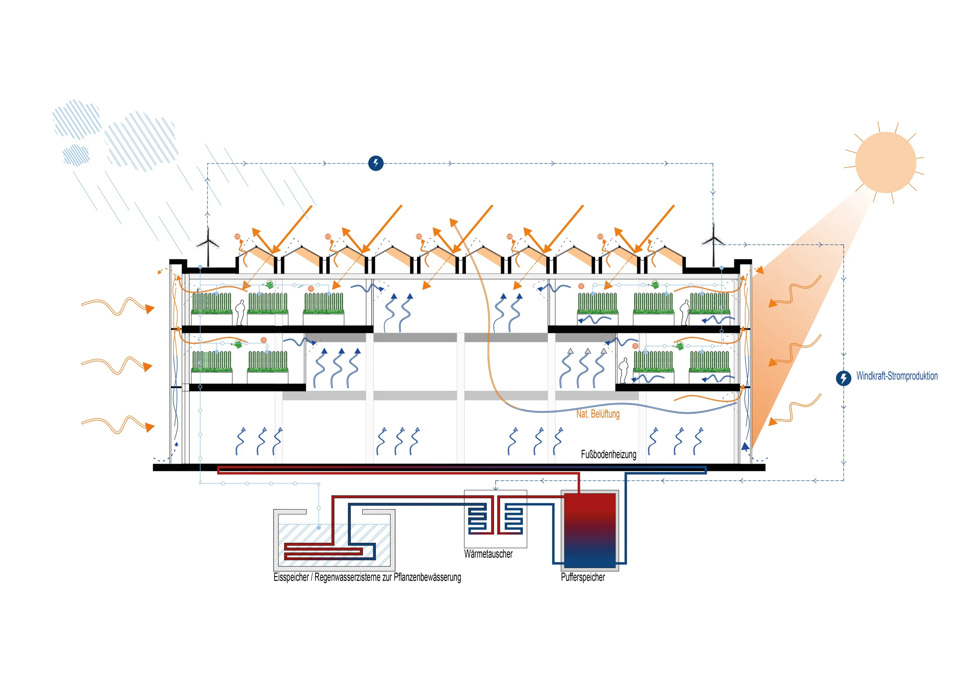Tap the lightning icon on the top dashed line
pyautogui.click(x=376, y=163)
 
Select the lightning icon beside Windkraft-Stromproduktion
pyautogui.click(x=843, y=378)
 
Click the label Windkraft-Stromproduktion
pyautogui.click(x=897, y=376)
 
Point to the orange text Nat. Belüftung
pyautogui.click(x=598, y=414)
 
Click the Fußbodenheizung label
pyautogui.click(x=608, y=454)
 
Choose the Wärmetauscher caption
pyautogui.click(x=488, y=554)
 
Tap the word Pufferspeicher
pyautogui.click(x=583, y=577)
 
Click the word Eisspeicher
pyautogui.click(x=291, y=577)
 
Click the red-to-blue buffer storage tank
pyautogui.click(x=589, y=530)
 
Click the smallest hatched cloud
pyautogui.click(x=76, y=154)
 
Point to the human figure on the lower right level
pyautogui.click(x=623, y=370)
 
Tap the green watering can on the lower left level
pyautogui.click(x=237, y=343)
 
